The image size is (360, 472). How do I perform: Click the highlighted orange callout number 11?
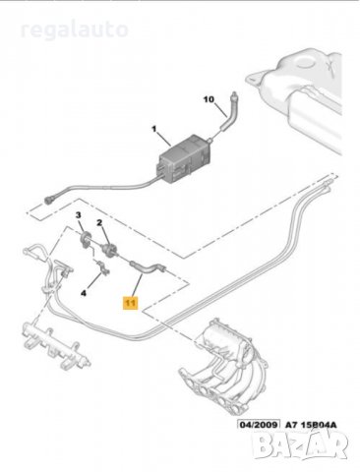click(131, 303)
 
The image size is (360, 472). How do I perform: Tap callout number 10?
click(209, 99)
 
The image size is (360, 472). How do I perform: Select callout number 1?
click(153, 129)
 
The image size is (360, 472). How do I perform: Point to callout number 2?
click(99, 223)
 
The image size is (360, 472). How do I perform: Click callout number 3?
click(78, 215)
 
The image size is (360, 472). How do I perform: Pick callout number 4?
click(84, 293)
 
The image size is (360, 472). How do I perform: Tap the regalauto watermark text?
click(74, 29)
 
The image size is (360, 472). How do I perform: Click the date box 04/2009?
click(259, 425)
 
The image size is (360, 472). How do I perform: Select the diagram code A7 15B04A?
click(311, 425)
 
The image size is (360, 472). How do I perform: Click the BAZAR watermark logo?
click(301, 445)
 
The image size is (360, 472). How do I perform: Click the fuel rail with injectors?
click(56, 347)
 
